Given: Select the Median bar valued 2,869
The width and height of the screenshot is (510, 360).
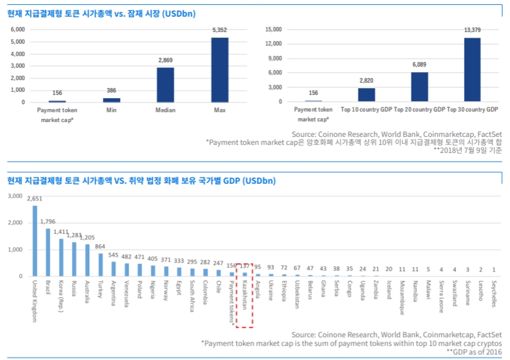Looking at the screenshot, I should pos(164,84).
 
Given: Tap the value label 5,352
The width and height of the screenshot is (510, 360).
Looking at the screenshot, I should pos(220,30).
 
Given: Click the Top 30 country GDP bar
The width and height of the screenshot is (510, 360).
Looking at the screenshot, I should pos(472,70).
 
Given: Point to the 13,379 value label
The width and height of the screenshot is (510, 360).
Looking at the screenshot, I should pos(472,30).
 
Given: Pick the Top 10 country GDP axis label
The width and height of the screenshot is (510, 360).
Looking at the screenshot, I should pos(366,110).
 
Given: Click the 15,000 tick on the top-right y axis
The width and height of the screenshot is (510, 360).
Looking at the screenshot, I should pos(272,29).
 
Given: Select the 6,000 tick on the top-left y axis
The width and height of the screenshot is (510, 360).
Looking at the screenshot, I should pos(17,29).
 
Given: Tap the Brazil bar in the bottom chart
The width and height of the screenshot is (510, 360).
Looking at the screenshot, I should pos(48,252).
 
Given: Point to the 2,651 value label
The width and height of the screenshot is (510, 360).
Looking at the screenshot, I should pos(34,199).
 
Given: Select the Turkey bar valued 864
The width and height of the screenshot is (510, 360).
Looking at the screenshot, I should pos(100,264).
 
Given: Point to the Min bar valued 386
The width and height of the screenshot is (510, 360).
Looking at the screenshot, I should pos(111,99).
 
